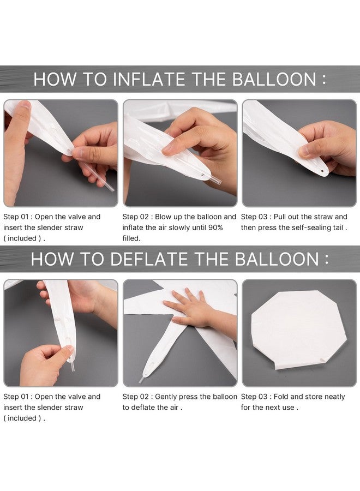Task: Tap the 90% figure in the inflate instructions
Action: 215,227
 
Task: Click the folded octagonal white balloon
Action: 299,330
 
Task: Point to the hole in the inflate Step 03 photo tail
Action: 322,171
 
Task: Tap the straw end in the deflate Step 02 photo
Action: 141,380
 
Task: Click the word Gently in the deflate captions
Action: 166,397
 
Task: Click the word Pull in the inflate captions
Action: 280,217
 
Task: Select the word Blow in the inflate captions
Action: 162,217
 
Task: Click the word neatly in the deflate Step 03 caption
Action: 334,397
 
